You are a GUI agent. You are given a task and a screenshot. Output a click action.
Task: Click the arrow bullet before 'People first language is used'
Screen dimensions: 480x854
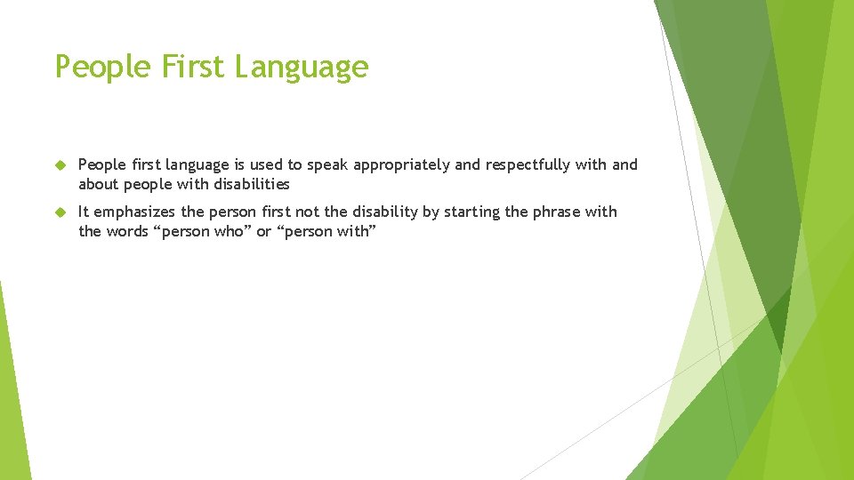pos(60,165)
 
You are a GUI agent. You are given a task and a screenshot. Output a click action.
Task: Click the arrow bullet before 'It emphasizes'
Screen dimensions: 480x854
pos(60,212)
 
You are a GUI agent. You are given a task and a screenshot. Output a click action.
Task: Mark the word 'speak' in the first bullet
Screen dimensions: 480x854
pos(328,165)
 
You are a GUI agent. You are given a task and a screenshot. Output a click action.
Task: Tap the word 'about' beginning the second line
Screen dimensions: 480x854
pos(99,184)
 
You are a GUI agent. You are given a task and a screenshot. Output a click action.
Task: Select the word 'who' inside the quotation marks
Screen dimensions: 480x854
pos(229,231)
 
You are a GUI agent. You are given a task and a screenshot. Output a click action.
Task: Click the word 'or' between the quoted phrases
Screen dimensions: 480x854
pos(264,231)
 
